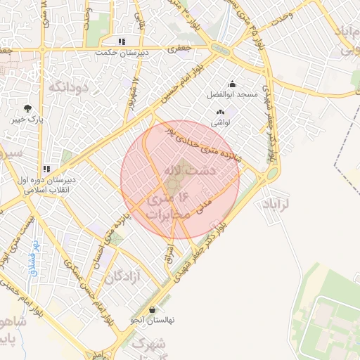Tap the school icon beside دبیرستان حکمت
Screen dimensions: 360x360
(122, 42)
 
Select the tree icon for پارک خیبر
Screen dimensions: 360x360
(27, 108)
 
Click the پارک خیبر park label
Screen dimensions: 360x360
(27, 120)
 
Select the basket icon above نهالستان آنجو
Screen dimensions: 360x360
(153, 309)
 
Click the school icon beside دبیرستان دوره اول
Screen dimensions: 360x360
(46, 169)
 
